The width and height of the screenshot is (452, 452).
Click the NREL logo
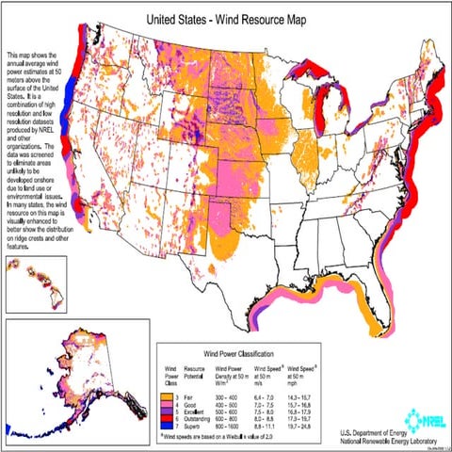414,412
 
